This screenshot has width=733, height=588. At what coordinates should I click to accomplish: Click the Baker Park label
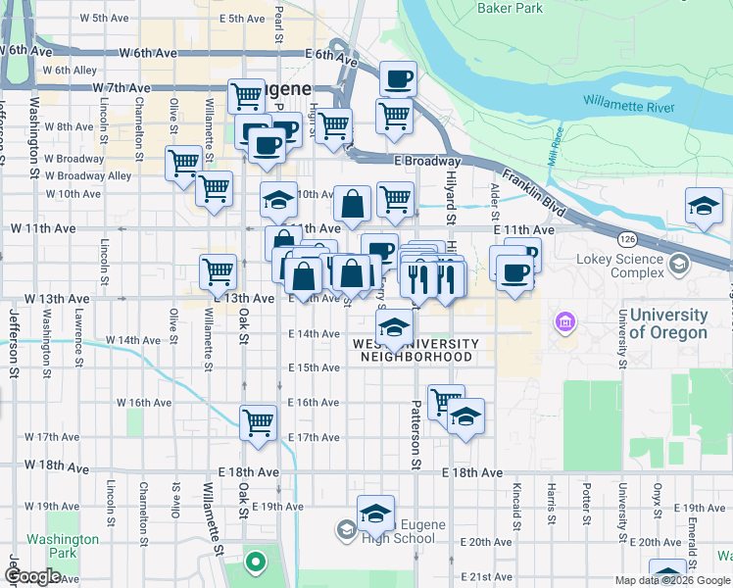coord(509,9)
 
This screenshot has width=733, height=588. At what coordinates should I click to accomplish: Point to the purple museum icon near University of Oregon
coord(563,321)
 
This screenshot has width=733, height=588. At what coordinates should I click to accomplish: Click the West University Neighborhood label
coord(415,350)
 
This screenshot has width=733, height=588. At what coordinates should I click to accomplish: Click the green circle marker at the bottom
coord(256,563)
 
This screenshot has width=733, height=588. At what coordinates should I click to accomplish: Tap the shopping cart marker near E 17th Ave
coord(258,423)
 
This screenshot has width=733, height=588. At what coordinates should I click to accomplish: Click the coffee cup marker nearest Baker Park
coord(398,79)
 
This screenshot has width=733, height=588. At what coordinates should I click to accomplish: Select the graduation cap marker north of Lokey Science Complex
coord(703,206)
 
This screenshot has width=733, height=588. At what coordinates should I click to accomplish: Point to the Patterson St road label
coord(415,434)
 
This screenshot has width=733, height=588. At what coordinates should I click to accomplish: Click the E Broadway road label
coord(427,161)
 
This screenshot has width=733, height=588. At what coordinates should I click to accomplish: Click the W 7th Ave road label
coord(122,88)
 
